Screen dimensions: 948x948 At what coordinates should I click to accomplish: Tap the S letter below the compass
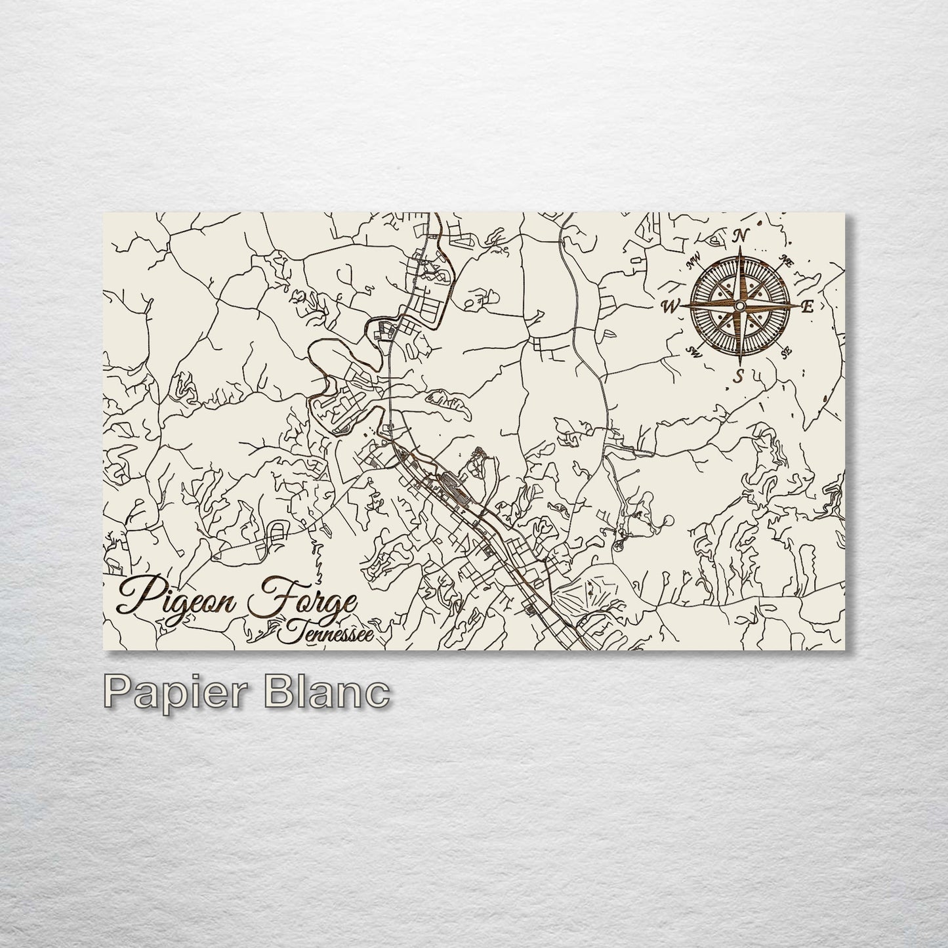[x=739, y=376]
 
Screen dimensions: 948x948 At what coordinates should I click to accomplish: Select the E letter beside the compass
[x=808, y=306]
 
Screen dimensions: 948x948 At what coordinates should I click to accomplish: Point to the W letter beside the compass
[x=670, y=306]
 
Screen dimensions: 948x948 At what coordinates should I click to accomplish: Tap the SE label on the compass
[x=786, y=354]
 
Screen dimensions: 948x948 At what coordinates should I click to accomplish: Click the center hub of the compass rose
[x=739, y=306]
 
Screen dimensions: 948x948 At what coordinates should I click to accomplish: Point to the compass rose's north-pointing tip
[x=740, y=250]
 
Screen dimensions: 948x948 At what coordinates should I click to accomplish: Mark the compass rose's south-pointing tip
[x=739, y=363]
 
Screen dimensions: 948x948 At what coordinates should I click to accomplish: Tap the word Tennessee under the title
[x=326, y=633]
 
